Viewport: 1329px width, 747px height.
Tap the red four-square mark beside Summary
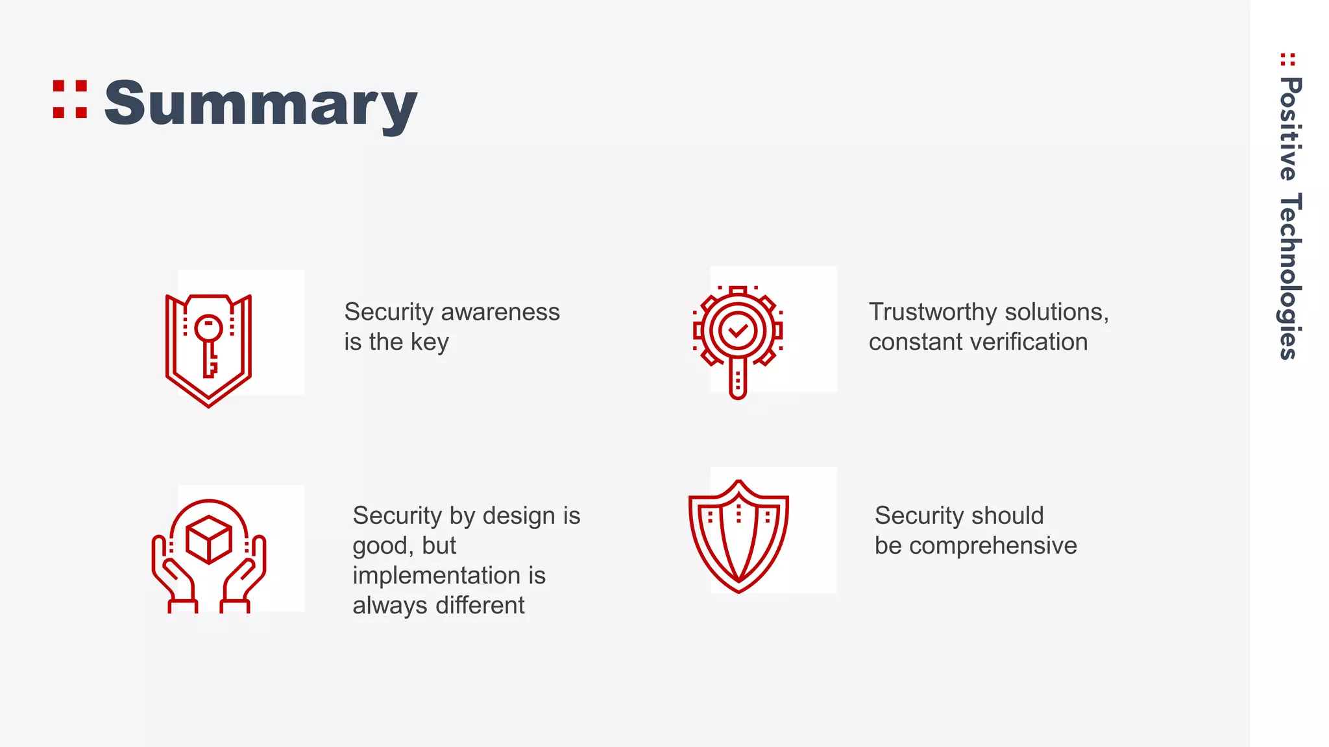tap(70, 99)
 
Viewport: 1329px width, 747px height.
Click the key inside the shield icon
tap(209, 344)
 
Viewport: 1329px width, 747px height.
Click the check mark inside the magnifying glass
tap(738, 331)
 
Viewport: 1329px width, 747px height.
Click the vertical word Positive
tap(1289, 129)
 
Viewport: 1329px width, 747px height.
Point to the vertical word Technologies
tap(1289, 276)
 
